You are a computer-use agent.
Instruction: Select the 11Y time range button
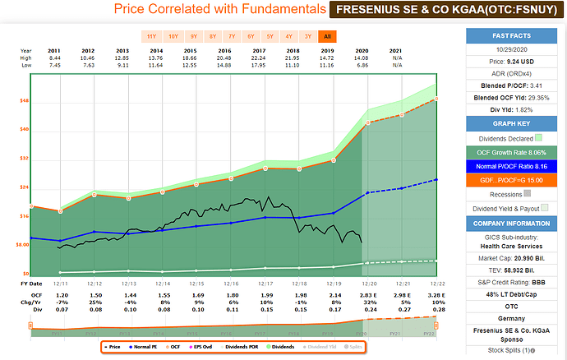(152, 36)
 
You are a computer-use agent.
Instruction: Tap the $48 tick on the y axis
(24, 101)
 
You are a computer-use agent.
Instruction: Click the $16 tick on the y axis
(24, 215)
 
